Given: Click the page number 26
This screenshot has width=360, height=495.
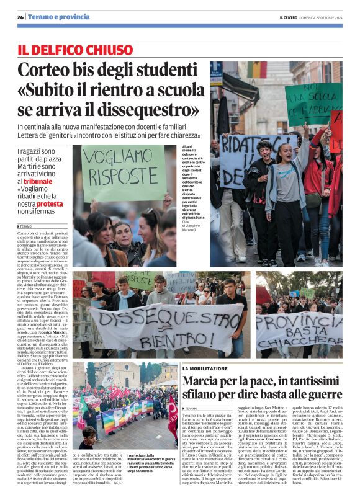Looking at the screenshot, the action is coord(20,17).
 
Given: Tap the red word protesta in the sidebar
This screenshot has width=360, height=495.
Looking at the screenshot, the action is coord(50,203).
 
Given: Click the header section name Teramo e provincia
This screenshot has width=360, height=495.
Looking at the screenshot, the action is coord(58,17).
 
